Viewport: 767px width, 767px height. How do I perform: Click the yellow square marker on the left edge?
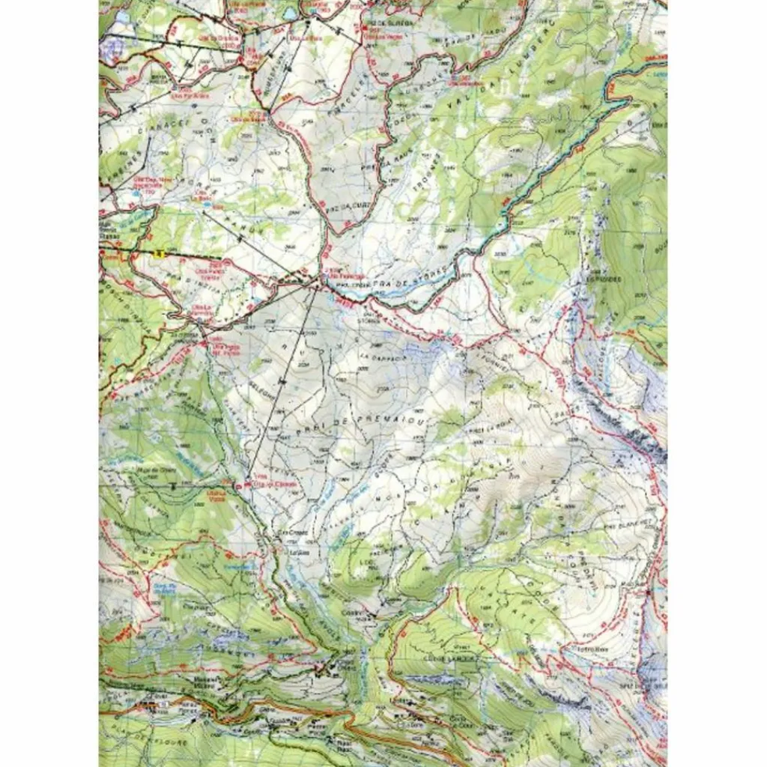click(x=158, y=254)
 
